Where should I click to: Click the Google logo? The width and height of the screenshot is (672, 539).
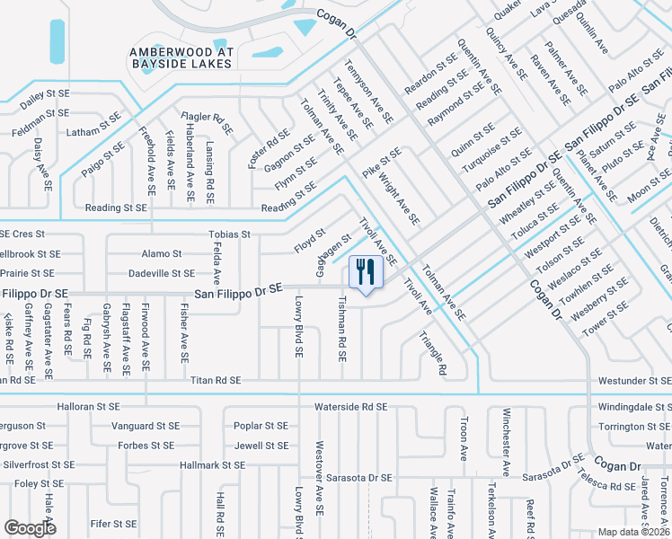30,528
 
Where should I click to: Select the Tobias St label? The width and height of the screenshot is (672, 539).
228,234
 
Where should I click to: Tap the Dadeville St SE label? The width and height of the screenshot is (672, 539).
162,273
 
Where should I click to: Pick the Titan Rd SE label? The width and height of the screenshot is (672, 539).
216,381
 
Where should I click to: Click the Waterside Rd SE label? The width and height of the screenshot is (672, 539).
350,407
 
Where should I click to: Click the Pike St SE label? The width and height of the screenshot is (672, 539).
382,163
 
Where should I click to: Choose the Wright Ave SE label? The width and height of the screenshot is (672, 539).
398,199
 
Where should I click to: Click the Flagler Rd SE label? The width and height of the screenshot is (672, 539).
208,117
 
